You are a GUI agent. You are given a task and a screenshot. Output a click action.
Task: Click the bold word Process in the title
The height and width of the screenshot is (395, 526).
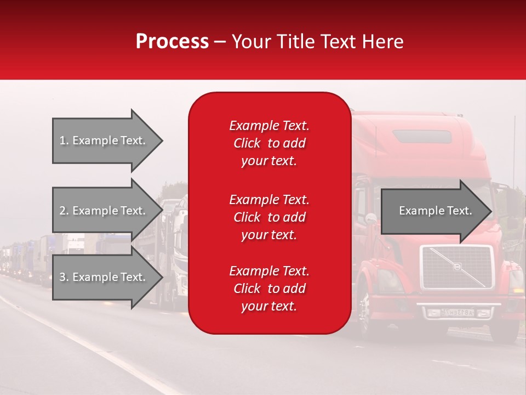(x=172, y=41)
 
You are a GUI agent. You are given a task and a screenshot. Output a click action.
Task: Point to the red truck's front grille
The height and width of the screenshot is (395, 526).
(x=456, y=267)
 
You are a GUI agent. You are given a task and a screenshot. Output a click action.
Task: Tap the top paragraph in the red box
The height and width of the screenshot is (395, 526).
(x=269, y=143)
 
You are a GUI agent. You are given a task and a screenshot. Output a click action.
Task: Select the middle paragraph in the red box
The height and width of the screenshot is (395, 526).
(x=269, y=217)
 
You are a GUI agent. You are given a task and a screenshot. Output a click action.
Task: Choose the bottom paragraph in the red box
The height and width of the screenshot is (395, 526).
(x=269, y=289)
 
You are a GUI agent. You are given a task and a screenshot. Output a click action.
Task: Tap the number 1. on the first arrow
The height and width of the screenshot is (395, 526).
(x=64, y=140)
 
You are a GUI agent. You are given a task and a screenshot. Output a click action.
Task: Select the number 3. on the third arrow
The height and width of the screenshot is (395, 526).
(x=64, y=277)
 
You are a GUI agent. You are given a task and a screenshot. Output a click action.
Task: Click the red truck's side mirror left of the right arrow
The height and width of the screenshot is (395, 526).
(x=370, y=218)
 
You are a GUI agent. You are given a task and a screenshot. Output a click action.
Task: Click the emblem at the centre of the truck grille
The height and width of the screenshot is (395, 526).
(x=456, y=267)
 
